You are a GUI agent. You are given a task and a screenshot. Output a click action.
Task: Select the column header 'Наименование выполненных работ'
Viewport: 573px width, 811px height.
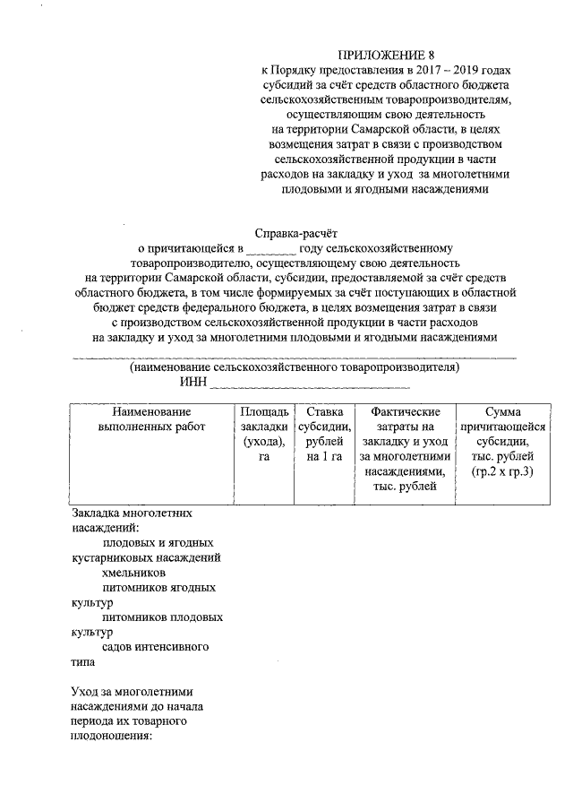[x=151, y=418]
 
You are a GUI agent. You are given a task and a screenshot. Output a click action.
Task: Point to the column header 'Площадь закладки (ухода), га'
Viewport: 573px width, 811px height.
[x=264, y=434]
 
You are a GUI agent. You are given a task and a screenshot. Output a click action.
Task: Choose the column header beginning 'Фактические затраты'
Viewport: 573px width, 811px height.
[x=404, y=448]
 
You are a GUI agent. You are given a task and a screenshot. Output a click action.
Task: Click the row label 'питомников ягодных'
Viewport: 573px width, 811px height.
[x=158, y=588]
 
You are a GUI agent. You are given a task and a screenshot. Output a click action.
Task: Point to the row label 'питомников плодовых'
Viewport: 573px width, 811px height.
[x=162, y=617]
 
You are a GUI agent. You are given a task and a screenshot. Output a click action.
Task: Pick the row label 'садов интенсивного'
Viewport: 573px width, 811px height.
[x=156, y=646]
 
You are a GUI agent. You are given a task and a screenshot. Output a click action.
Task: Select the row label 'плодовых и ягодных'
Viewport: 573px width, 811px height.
[x=158, y=542]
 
